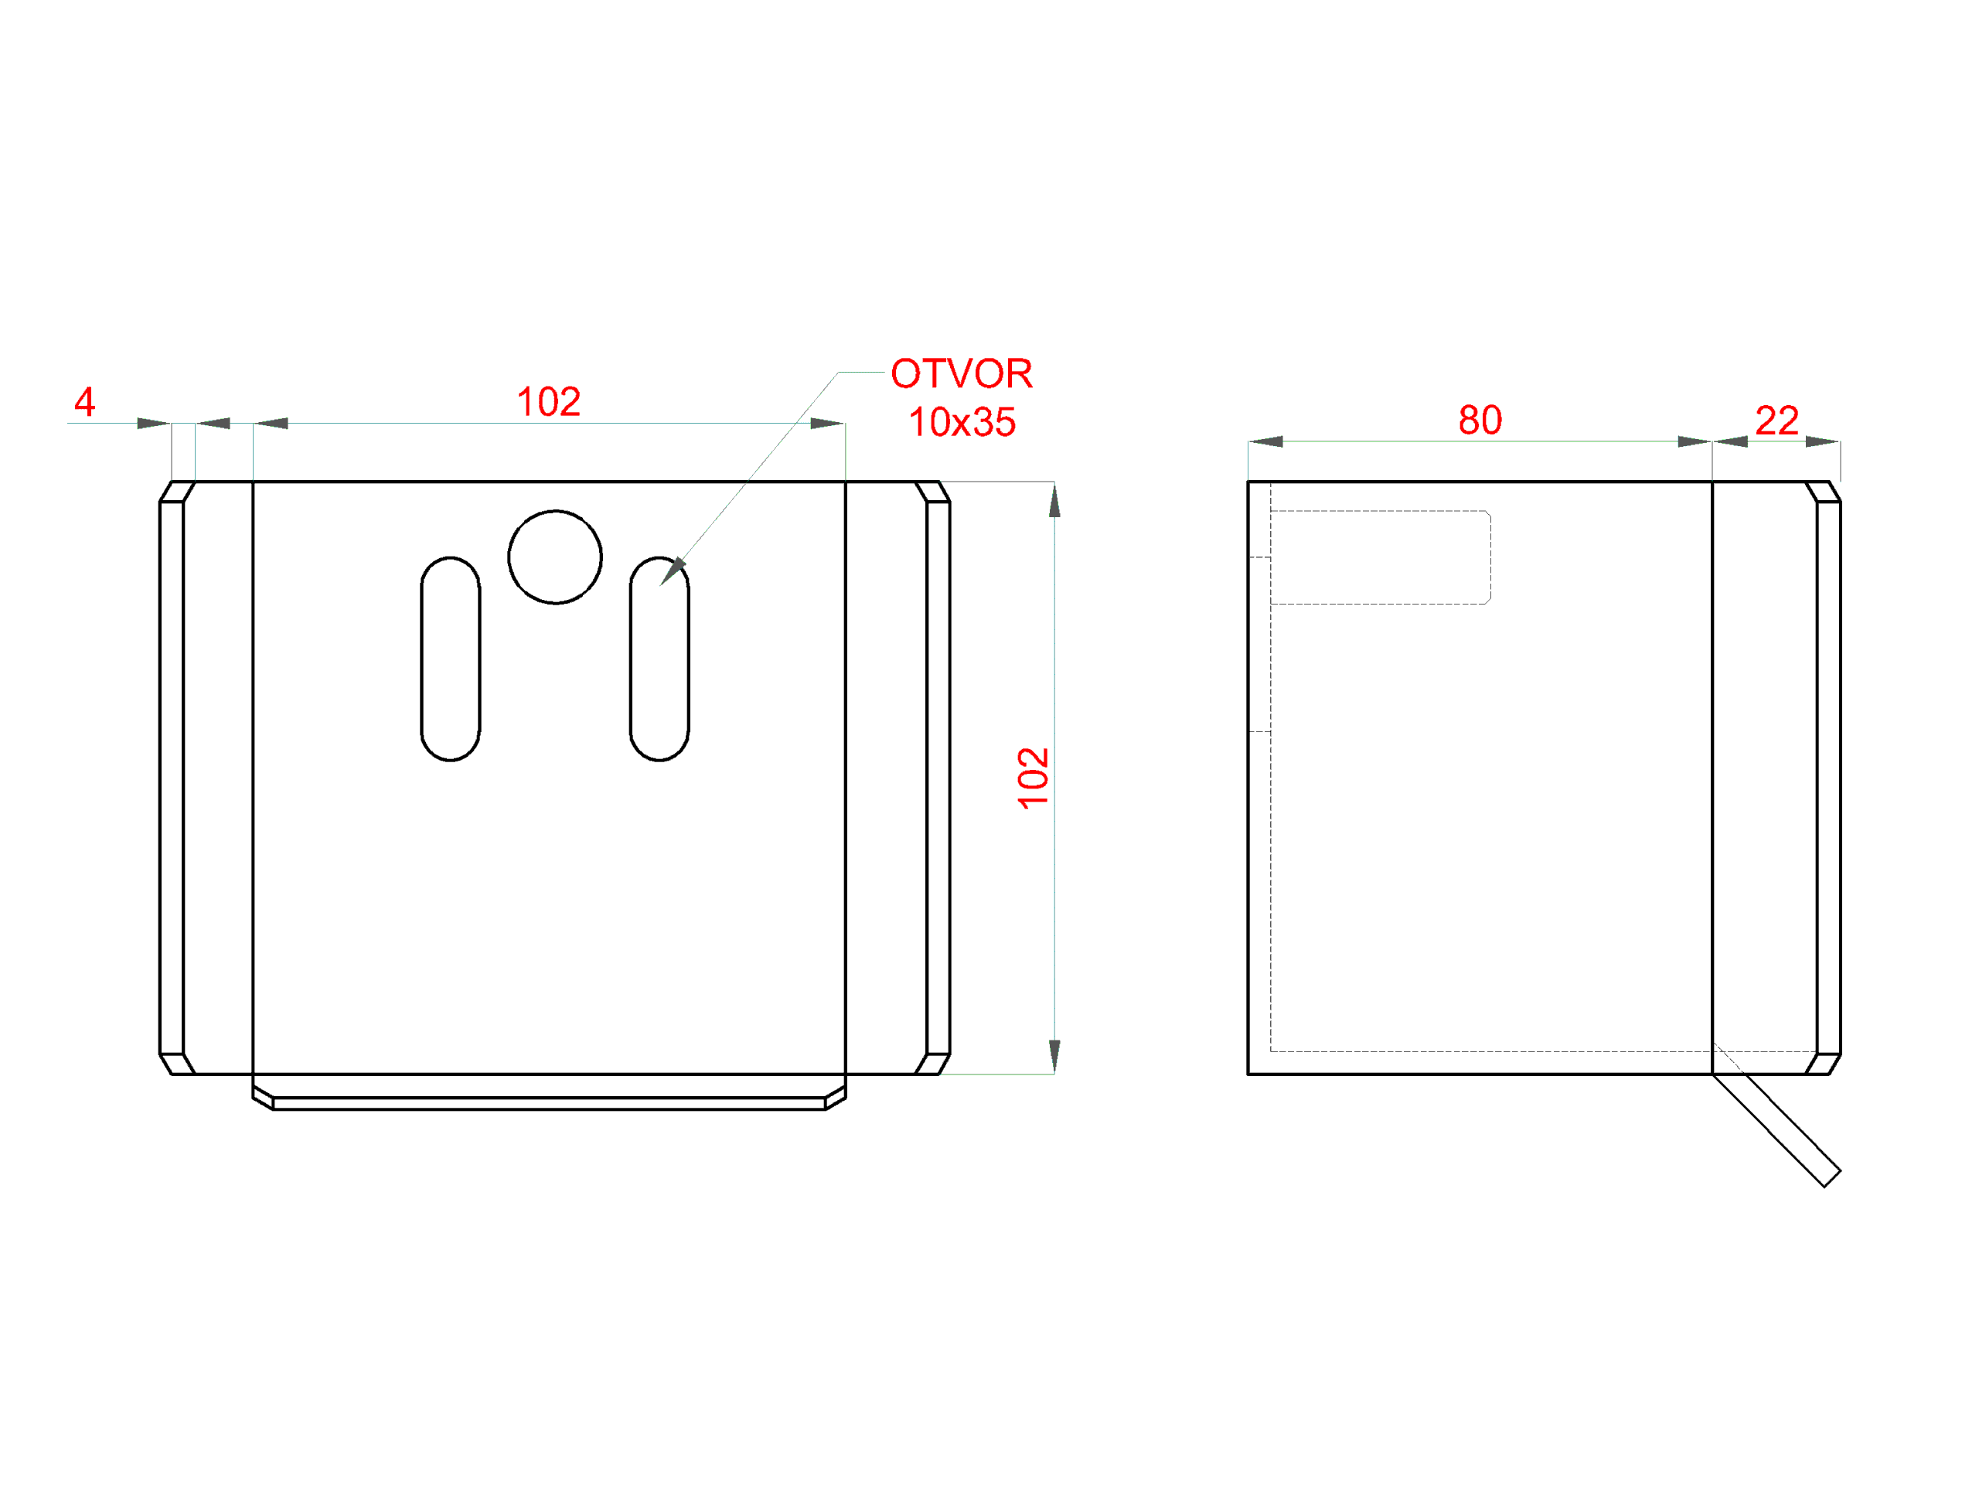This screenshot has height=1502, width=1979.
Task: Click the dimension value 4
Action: [85, 402]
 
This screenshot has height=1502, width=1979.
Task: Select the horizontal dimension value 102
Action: [548, 402]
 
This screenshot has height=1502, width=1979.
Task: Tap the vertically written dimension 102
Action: [1034, 778]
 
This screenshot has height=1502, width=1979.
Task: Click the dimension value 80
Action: [1480, 420]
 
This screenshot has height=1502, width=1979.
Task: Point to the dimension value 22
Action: [1776, 420]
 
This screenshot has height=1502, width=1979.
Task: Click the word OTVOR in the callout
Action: [962, 373]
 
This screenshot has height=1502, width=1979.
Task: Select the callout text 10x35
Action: [962, 421]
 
